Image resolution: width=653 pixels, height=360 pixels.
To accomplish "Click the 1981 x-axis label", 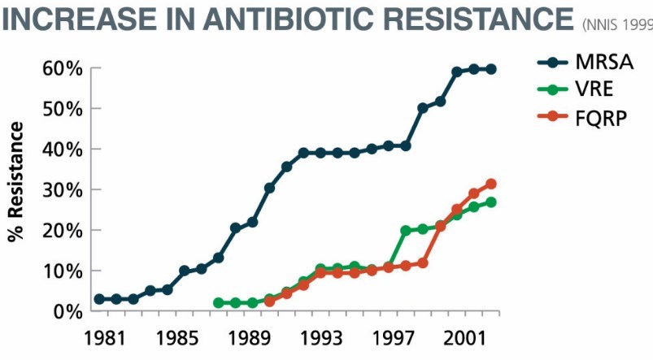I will click(99, 337).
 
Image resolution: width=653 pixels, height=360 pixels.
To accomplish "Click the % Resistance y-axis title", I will click(15, 182).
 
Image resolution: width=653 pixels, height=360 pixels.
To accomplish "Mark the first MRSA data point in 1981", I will click(99, 299).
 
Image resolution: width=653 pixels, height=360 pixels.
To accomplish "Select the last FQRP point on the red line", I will click(490, 184).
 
